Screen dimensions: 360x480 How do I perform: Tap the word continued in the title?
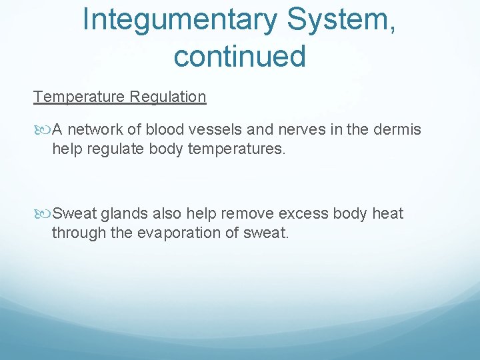pyautogui.click(x=239, y=56)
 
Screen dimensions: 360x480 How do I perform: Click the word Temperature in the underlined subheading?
pyautogui.click(x=80, y=97)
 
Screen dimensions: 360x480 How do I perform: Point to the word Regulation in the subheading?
pyautogui.click(x=168, y=97)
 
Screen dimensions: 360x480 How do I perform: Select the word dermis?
pyautogui.click(x=397, y=129)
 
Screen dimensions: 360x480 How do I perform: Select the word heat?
pyautogui.click(x=388, y=213)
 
